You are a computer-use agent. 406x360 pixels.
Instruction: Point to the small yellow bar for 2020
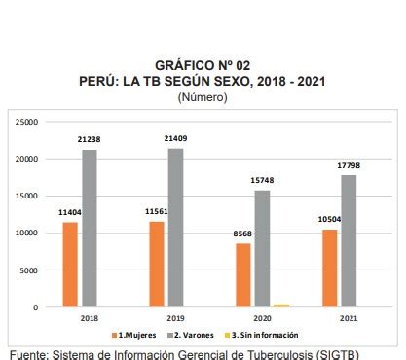tap(281, 306)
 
